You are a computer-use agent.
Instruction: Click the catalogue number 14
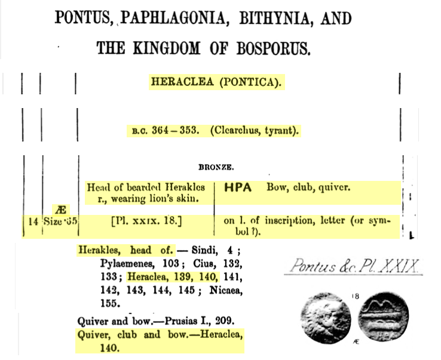pos(33,220)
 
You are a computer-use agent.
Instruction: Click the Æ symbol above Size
pos(59,210)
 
